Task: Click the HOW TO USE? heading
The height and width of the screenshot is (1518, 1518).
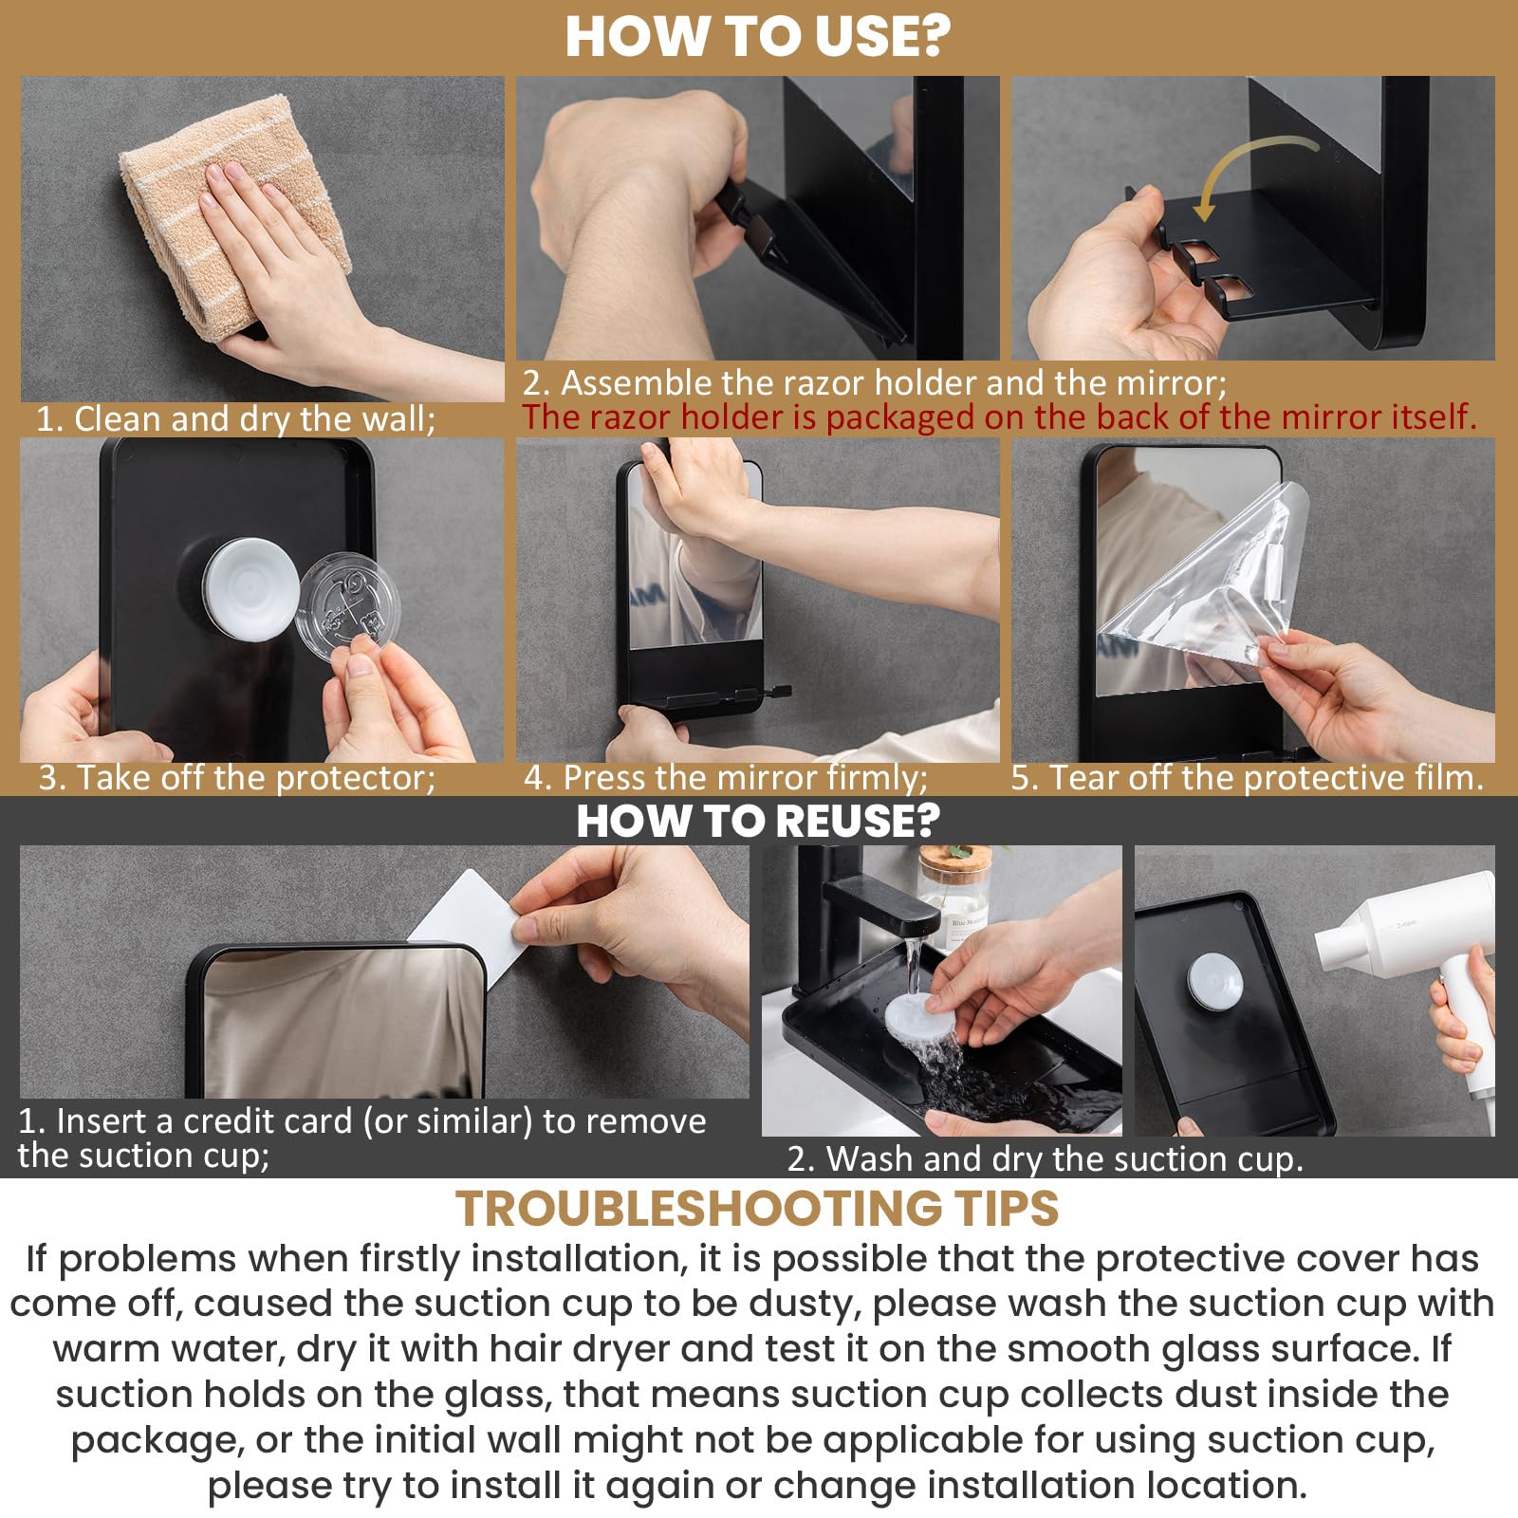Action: [x=757, y=36]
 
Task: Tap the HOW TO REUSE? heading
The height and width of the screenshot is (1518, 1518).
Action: [x=757, y=821]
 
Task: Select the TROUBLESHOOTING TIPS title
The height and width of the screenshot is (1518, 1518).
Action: [x=757, y=1209]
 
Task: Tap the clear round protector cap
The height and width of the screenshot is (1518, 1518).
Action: [x=347, y=607]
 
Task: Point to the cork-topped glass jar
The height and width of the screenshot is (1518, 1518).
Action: [x=953, y=892]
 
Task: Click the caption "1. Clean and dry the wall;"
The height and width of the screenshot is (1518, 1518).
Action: [x=235, y=418]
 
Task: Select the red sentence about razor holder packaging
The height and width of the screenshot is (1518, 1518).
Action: [x=998, y=417]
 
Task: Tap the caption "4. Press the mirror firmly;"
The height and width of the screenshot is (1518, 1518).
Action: [x=726, y=778]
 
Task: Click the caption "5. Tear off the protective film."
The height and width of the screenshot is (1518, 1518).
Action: [x=1246, y=778]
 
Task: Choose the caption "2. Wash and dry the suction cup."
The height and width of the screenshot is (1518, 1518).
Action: [x=1045, y=1158]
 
